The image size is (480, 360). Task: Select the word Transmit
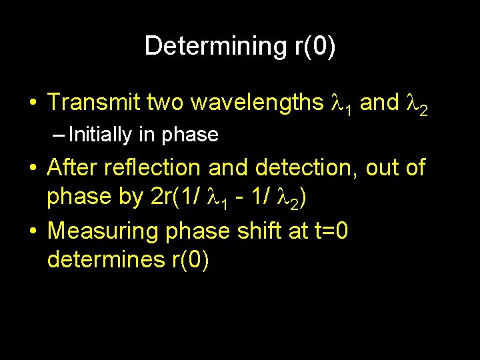click(x=93, y=102)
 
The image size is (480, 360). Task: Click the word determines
click(x=102, y=260)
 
